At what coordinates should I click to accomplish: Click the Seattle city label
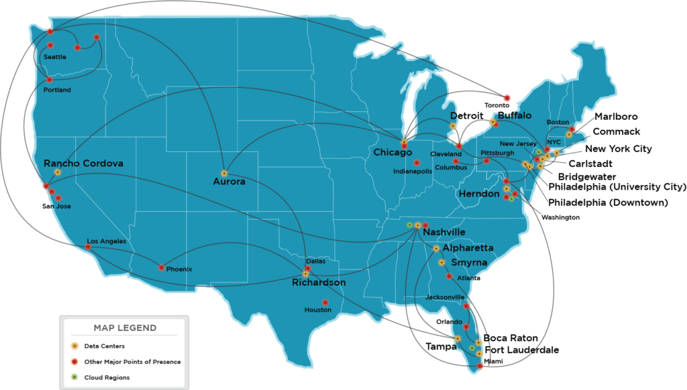(x=54, y=58)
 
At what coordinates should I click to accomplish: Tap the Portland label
(x=56, y=90)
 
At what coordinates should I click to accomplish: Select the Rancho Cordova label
(x=83, y=163)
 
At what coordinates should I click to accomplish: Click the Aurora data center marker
(x=224, y=174)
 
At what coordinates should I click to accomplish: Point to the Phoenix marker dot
(x=161, y=267)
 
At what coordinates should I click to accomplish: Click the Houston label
(x=317, y=310)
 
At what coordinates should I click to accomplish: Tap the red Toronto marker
(x=507, y=98)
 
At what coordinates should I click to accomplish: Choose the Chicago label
(x=392, y=153)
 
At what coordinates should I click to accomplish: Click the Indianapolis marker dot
(x=417, y=163)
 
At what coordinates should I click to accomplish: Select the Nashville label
(x=443, y=232)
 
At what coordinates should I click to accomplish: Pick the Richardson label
(x=319, y=283)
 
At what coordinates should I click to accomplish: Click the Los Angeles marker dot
(x=88, y=247)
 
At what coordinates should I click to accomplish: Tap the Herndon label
(x=479, y=194)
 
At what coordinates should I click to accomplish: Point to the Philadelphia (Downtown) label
(x=607, y=202)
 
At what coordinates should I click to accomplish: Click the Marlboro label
(x=615, y=117)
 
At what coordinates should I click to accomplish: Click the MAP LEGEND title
(x=125, y=328)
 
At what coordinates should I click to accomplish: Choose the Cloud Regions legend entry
(x=107, y=377)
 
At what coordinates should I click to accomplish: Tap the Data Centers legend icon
(x=75, y=346)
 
